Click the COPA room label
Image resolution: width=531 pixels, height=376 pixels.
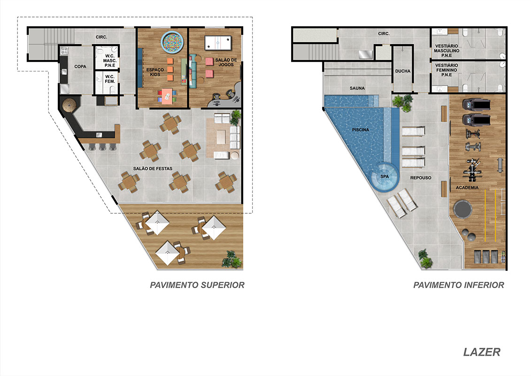[80, 66]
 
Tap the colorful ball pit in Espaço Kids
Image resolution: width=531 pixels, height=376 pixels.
[172, 42]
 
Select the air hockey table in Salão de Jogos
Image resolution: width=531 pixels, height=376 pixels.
[218, 43]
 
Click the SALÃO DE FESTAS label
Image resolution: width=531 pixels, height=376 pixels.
[153, 169]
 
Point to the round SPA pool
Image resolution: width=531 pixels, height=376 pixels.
[385, 177]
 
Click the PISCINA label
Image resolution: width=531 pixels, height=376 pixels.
[360, 130]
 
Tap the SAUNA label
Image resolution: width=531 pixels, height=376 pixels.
[357, 88]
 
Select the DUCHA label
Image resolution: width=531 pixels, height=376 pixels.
[403, 71]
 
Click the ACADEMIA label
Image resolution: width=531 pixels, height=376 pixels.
[467, 188]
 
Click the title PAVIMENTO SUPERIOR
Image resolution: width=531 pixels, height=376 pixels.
[197, 285]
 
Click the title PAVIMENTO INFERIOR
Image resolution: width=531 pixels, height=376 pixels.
[459, 285]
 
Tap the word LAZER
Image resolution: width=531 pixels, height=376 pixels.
[482, 352]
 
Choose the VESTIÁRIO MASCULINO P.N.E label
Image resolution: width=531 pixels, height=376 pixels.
[446, 50]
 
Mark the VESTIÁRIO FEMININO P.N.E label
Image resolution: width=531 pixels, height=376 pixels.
[446, 70]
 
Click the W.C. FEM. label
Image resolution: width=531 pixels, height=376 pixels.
[110, 79]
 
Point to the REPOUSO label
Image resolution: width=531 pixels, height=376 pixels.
[421, 178]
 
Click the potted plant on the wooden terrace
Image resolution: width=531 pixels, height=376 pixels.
[231, 259]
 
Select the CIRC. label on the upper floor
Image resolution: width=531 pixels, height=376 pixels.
[101, 37]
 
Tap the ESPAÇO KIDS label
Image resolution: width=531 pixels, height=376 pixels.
[155, 72]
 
